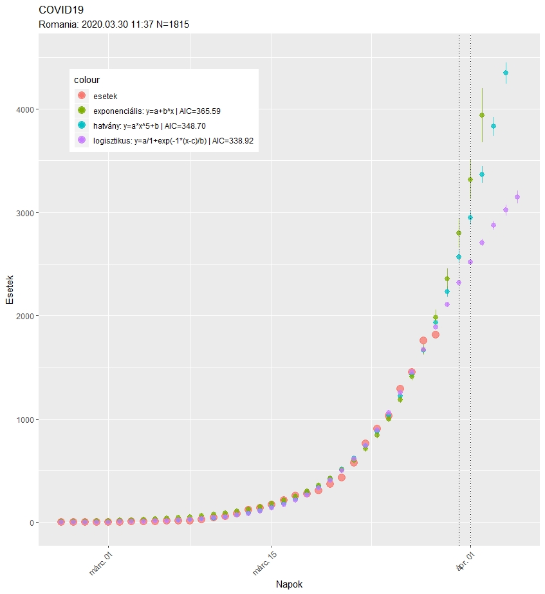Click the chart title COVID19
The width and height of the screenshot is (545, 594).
[61, 11]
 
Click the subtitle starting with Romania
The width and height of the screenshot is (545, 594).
[114, 24]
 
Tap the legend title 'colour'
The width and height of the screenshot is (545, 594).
[86, 80]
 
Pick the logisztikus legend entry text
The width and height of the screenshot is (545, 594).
[174, 140]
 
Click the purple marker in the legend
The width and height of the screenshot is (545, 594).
[82, 140]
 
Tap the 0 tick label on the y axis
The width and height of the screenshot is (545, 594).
[30, 523]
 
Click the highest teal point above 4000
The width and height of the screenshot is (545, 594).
[506, 73]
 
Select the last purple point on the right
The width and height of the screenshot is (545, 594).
[517, 197]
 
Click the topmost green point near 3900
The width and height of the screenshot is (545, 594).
[482, 115]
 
